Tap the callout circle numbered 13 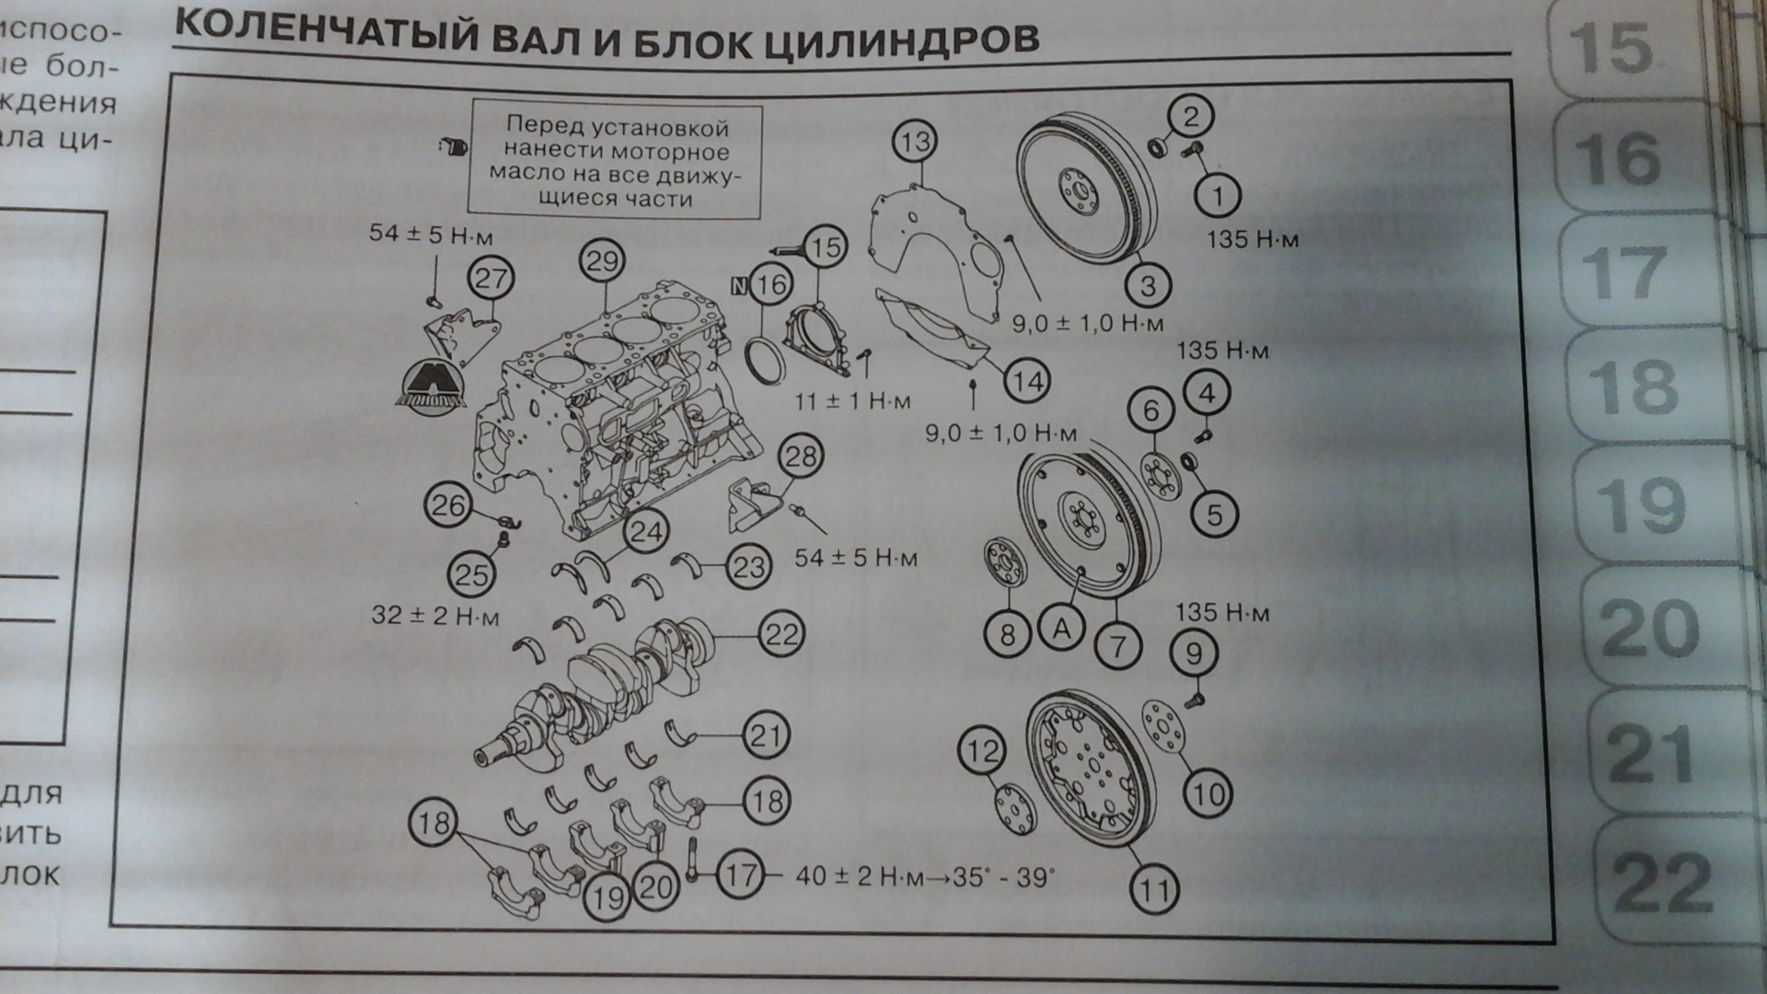coord(915,143)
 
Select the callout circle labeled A coord(1062,630)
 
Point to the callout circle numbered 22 coord(782,634)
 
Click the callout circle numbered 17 coord(741,874)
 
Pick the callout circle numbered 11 coord(1154,889)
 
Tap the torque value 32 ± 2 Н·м coord(434,615)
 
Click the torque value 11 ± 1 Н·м coord(852,401)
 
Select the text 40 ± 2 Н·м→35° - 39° coord(924,877)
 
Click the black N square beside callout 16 coord(738,285)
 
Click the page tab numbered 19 coord(1643,505)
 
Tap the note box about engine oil coord(616,162)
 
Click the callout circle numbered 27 coord(491,278)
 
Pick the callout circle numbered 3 coord(1147,285)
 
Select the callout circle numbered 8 coord(1008,634)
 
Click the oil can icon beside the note coord(452,146)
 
